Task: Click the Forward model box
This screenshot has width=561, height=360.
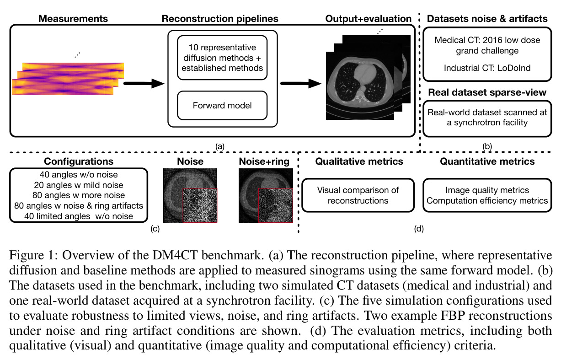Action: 222,106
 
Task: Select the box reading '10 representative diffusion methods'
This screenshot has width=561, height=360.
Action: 222,58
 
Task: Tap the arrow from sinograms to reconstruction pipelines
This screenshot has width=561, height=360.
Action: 144,83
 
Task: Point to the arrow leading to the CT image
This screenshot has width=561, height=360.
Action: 301,83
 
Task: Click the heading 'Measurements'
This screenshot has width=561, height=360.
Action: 73,19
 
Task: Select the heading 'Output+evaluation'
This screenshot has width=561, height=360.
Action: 368,19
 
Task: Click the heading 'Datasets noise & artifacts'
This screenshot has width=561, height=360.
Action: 487,19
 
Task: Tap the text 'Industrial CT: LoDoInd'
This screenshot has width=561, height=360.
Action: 487,68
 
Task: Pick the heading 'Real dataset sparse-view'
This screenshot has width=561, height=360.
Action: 487,92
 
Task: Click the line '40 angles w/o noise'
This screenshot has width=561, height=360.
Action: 79,175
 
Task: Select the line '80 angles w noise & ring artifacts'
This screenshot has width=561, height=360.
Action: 79,206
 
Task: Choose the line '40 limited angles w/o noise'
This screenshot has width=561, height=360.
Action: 79,216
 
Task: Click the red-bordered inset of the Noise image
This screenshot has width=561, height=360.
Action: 200,205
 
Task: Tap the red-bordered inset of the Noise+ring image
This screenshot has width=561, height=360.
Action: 276,205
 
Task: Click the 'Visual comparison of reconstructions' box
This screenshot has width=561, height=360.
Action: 358,195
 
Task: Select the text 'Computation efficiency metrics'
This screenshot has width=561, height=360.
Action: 487,201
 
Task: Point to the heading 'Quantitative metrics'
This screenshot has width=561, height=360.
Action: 487,161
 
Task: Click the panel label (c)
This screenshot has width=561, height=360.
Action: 155,229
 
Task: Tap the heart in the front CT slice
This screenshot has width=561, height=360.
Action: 365,73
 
